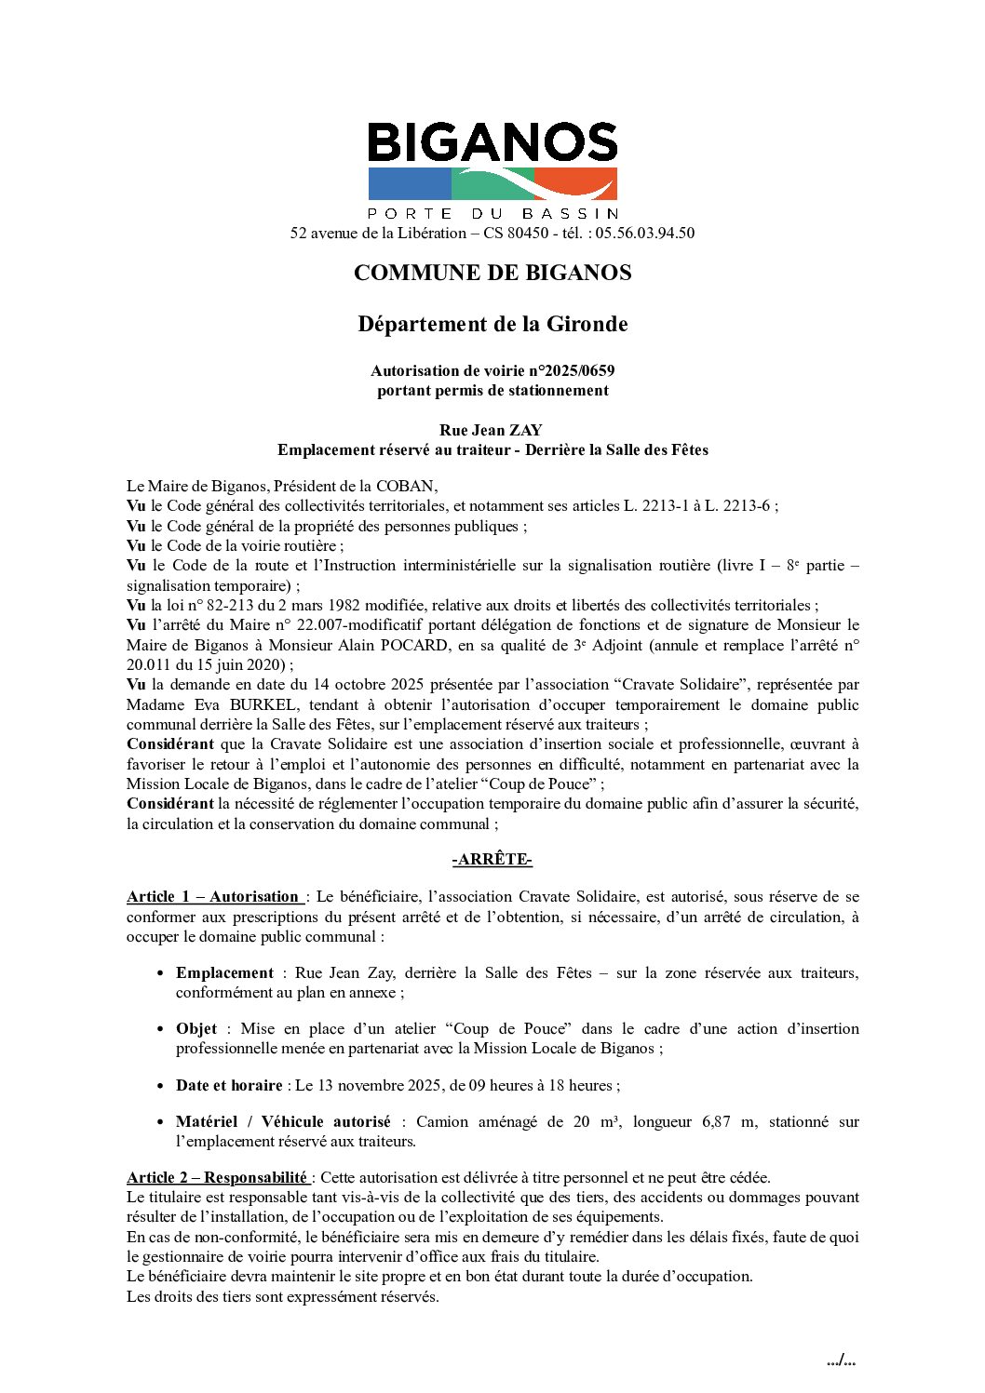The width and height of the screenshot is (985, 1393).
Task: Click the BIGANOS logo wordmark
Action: [x=492, y=142]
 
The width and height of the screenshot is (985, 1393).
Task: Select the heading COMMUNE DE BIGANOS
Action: [x=492, y=273]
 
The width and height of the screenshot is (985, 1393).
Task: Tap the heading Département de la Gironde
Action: [x=492, y=324]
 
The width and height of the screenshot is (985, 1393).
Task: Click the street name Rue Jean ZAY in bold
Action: [x=491, y=430]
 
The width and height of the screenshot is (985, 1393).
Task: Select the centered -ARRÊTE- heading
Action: [x=492, y=860]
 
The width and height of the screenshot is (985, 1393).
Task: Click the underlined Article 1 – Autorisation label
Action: [x=213, y=897]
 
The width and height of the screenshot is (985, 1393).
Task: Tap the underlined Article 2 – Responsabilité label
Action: [x=217, y=1177]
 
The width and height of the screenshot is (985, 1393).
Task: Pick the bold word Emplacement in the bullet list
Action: [x=224, y=972]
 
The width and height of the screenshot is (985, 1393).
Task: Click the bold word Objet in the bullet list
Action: [x=196, y=1028]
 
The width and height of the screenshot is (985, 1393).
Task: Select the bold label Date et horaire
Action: [x=229, y=1085]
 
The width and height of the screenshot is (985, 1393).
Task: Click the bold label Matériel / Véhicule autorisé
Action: [x=283, y=1121]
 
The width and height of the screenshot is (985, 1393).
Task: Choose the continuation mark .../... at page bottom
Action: [x=841, y=1360]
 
